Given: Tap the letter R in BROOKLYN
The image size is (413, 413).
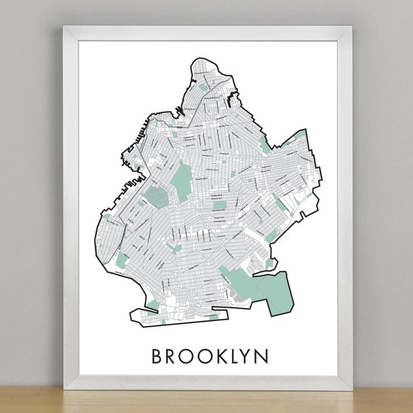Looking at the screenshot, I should point(175,356).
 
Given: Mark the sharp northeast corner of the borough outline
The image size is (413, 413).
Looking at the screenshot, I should point(305,130).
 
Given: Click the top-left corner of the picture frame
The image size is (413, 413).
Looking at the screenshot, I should point(63,28).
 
